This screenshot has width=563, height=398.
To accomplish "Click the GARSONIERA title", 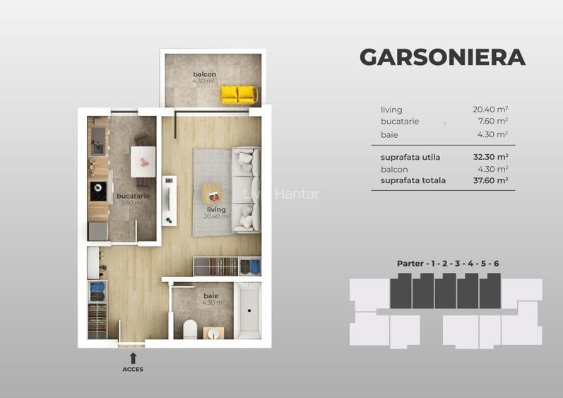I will tap(442, 57).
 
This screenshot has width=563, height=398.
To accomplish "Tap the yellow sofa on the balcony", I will tap(238, 94).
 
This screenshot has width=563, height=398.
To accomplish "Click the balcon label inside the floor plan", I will tap(204, 74).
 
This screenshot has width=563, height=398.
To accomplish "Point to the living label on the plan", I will tap(216, 209).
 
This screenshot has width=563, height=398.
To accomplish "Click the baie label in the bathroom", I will tap(211, 295).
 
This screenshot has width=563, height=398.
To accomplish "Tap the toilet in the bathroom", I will tap(189, 329).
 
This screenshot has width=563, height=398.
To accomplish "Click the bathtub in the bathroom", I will tap(249, 312).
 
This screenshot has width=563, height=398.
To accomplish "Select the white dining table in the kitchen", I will tap(143, 162).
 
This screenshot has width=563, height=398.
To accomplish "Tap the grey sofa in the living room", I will tap(247, 188).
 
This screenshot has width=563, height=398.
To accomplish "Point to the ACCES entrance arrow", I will tap(133, 358).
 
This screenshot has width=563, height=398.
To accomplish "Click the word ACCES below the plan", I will tap(133, 369).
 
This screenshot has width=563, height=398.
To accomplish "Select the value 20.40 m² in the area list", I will tap(490, 110).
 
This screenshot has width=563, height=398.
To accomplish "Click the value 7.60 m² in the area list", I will tap(492, 122).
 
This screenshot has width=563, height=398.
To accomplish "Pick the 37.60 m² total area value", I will tap(490, 180).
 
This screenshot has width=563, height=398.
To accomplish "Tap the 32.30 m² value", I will tap(490, 157).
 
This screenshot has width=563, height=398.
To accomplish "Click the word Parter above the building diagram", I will tap(410, 264).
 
